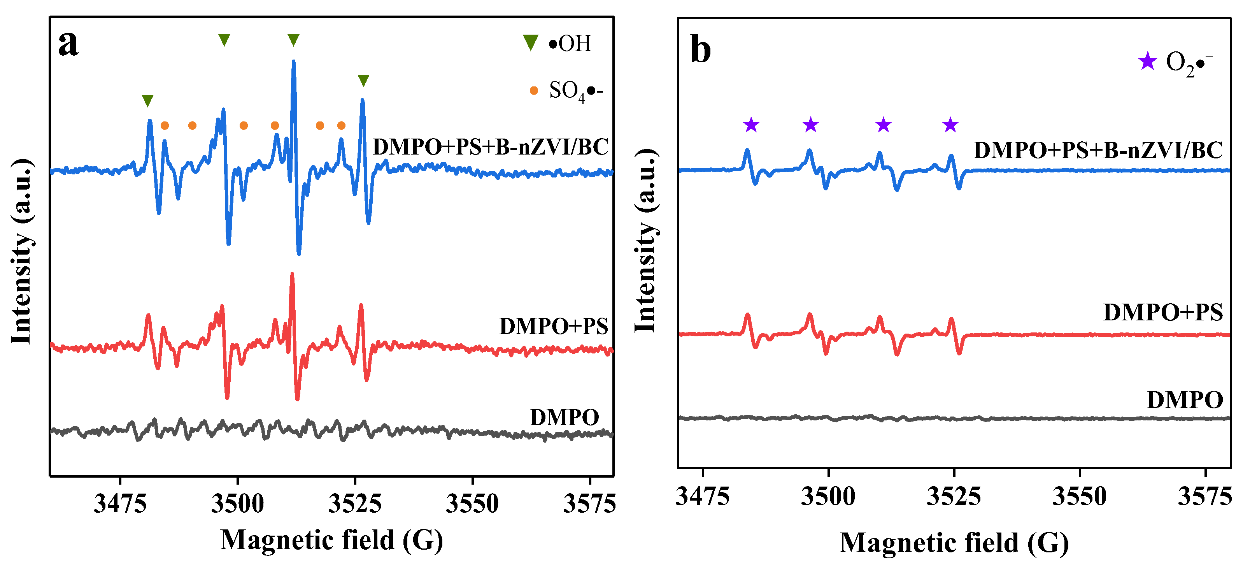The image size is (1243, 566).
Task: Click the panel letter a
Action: click(x=68, y=44)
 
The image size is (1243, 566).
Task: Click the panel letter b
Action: click(x=700, y=50)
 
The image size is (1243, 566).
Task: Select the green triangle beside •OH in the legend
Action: click(x=530, y=42)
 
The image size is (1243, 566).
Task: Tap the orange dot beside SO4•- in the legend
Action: click(x=533, y=90)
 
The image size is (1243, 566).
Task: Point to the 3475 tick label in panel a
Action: click(x=120, y=504)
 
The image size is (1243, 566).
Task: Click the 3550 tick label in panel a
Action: click(x=472, y=504)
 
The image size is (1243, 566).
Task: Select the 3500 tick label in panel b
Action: click(x=828, y=496)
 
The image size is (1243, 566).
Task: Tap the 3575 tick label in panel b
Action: click(x=1205, y=496)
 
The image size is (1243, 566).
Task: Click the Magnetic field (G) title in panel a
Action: click(x=331, y=540)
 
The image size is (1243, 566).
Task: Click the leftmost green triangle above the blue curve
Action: click(x=148, y=100)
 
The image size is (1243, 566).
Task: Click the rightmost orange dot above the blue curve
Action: click(x=341, y=126)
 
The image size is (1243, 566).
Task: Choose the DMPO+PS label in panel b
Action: click(x=1163, y=313)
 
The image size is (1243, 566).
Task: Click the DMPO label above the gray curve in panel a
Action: click(x=564, y=417)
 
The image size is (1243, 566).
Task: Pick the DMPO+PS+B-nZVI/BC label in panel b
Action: click(x=1098, y=150)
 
